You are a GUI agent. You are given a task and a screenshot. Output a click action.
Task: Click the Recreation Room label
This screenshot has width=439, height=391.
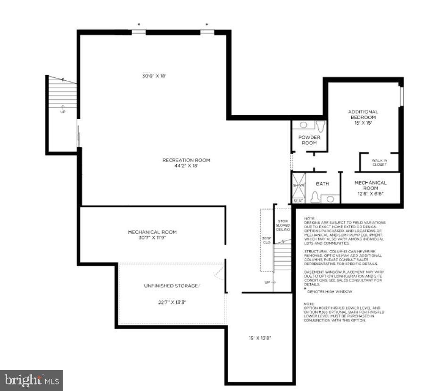tap(186, 160)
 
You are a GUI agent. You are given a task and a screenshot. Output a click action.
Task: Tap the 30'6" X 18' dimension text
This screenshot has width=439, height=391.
tap(154, 76)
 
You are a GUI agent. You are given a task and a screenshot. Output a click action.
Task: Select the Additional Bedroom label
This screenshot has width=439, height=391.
tap(363, 114)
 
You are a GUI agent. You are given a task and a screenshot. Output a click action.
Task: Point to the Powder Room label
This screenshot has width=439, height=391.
tap(309, 140)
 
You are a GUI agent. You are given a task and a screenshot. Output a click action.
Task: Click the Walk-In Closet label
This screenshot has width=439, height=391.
tap(379, 163)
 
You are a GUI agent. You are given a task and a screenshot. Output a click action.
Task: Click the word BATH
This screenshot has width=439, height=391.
tap(323, 184)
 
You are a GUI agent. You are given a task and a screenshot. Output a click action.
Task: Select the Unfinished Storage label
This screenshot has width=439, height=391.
tap(172, 286)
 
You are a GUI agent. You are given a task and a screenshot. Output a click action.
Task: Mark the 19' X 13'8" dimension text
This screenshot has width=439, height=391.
tap(260, 338)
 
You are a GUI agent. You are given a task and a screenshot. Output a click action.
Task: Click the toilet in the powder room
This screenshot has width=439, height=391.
tap(321, 126)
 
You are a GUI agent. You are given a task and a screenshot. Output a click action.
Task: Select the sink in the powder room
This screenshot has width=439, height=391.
tap(303, 125)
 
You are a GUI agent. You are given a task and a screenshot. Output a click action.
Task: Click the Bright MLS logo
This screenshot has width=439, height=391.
tap(32, 380)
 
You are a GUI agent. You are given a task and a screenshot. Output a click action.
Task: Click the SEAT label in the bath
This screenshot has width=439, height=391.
tap(298, 201)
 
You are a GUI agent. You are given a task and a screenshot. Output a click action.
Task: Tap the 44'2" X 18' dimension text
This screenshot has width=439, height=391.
tap(186, 166)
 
